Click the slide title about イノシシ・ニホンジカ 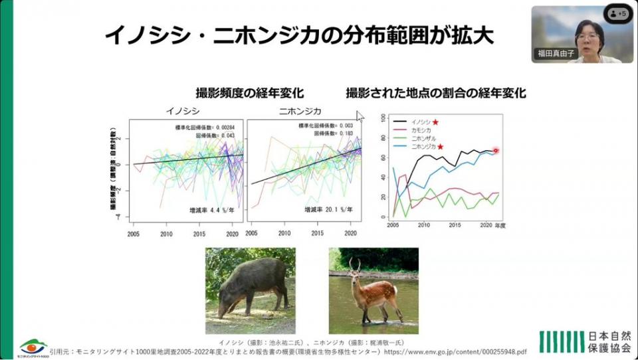299,35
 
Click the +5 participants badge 618,13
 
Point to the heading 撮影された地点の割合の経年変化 435,93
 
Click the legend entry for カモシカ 423,130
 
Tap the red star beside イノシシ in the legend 435,122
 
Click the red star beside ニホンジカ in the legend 440,146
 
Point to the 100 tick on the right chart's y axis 381,118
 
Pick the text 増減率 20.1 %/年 328,209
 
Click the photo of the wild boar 251,290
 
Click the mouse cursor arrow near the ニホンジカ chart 360,116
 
